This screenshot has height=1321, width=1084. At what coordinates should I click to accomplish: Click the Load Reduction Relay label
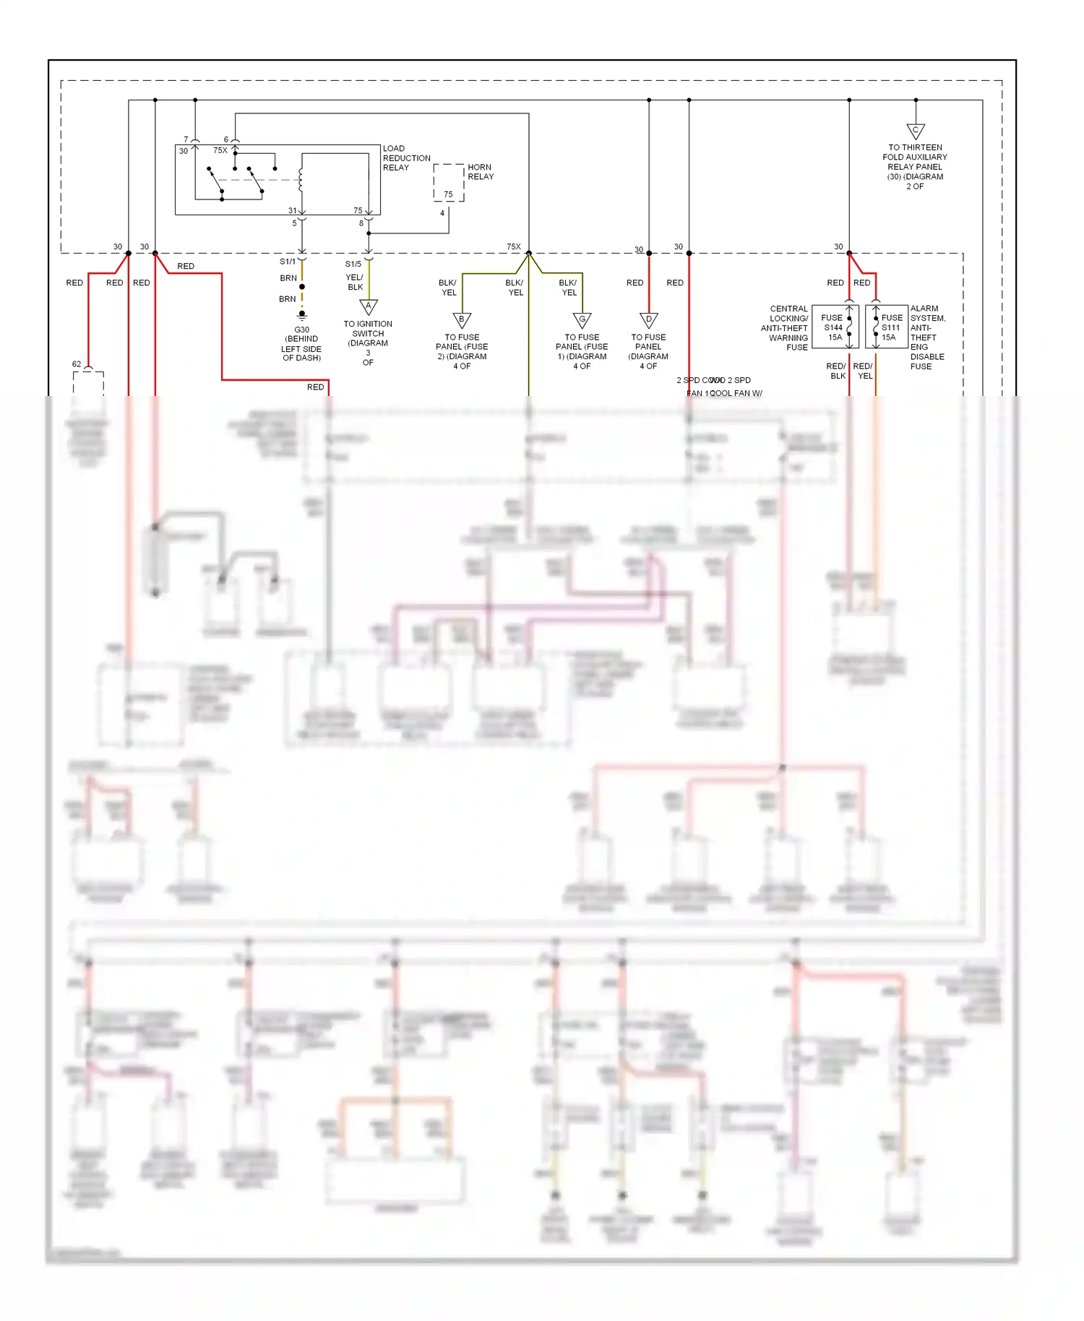(x=406, y=158)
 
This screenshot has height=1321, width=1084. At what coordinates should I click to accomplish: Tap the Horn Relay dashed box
(x=448, y=183)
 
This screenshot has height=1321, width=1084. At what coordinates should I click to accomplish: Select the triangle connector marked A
(x=369, y=307)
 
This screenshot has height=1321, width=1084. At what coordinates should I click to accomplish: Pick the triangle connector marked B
(x=462, y=320)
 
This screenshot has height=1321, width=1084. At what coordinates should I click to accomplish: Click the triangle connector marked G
(x=582, y=320)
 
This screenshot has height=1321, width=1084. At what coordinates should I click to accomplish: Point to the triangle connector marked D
(x=648, y=320)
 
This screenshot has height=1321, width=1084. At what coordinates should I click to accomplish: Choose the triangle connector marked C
(x=915, y=132)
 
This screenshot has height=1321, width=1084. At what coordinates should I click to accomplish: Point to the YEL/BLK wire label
(x=355, y=282)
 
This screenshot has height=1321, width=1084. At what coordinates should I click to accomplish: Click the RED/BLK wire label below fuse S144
(x=836, y=371)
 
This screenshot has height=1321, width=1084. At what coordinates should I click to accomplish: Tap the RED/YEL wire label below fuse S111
(x=863, y=371)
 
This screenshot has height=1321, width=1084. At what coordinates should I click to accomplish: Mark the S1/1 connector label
(x=288, y=262)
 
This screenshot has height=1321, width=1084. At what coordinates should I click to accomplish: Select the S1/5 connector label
(x=353, y=264)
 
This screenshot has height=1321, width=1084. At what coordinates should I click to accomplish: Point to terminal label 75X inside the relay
(x=220, y=150)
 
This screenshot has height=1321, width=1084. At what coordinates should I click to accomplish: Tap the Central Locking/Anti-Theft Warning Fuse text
(x=785, y=327)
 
